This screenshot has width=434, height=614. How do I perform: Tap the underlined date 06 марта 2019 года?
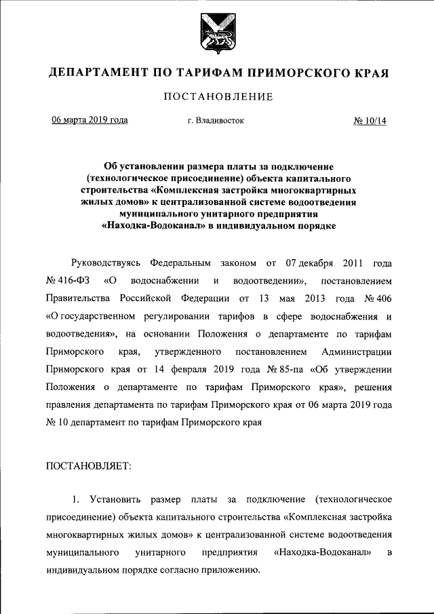click(x=90, y=121)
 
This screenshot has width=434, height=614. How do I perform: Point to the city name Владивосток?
click(x=221, y=121)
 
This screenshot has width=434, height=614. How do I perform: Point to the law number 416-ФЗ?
click(x=73, y=280)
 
